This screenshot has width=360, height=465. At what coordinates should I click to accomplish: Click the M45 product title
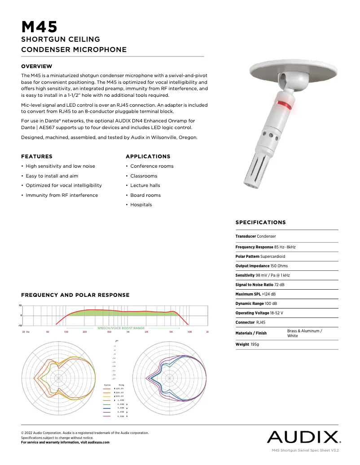(x=40, y=27)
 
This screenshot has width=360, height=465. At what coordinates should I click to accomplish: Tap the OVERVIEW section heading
(x=37, y=66)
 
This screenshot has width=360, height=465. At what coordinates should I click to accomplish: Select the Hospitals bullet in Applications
(x=141, y=205)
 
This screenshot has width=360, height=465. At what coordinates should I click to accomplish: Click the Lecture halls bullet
(x=145, y=186)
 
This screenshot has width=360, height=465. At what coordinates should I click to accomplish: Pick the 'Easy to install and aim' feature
(x=52, y=176)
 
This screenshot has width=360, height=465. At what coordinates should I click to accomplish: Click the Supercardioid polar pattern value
(x=272, y=256)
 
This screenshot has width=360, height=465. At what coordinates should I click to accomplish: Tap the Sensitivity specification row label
(x=245, y=275)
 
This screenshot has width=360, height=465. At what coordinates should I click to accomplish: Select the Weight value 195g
(x=255, y=344)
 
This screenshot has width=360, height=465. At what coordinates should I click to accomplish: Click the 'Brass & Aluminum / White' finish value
(x=304, y=333)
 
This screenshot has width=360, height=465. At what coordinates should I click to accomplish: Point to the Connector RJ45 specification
(x=250, y=322)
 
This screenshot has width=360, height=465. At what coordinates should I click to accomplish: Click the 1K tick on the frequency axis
(x=128, y=332)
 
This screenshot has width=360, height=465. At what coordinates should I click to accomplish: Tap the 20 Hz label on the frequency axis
(x=26, y=332)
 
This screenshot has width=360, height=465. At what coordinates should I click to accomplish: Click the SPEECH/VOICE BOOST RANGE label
(x=121, y=328)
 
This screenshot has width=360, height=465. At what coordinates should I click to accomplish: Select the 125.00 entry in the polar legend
(x=119, y=389)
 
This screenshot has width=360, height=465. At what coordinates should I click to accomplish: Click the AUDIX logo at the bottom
(x=303, y=437)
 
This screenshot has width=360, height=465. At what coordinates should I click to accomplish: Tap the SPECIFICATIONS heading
(x=260, y=222)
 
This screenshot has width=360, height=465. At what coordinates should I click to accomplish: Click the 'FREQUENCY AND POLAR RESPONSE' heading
(x=75, y=295)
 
